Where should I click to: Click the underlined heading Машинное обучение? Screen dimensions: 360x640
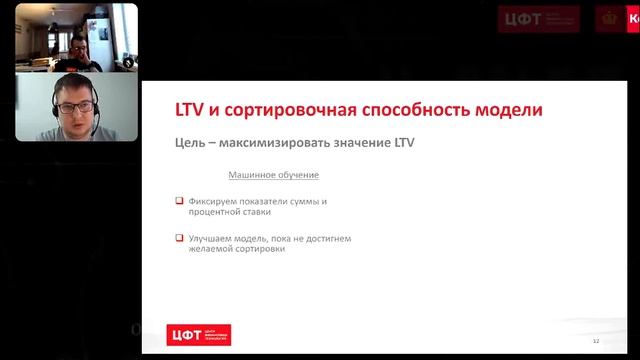tap(274, 175)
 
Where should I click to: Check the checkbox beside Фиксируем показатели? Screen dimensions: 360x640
tap(179, 201)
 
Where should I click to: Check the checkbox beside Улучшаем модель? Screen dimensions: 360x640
tap(179, 238)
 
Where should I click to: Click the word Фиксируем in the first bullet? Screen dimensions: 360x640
tap(211, 201)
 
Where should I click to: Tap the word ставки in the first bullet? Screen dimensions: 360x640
tap(255, 212)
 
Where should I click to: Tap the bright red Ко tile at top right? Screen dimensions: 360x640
tap(631, 19)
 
